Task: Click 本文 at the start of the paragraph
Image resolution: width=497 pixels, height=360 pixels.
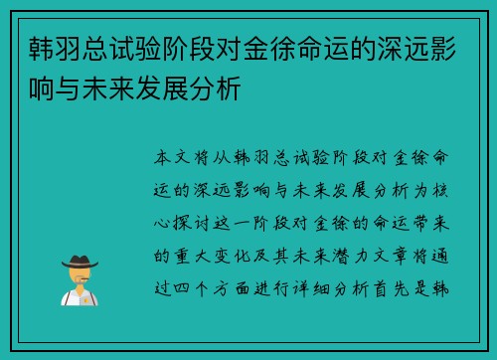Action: pyautogui.click(x=169, y=159)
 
